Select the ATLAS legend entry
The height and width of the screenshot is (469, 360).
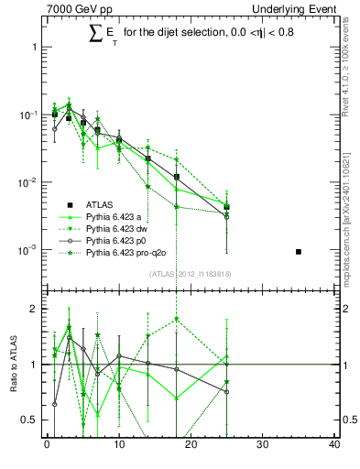(100, 204)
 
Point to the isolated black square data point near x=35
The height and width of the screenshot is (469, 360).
(299, 251)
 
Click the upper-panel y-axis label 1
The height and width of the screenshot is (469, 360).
(34, 47)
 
